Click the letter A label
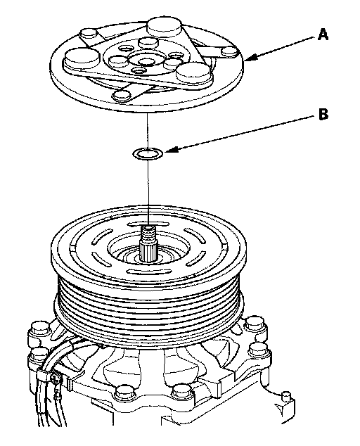tap(323, 34)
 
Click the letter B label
tap(323, 114)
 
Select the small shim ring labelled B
tap(148, 154)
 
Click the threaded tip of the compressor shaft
tap(148, 234)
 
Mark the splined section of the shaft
tap(148, 252)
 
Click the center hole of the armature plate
tap(147, 62)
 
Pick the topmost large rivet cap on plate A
tap(165, 27)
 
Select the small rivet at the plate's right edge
tap(230, 51)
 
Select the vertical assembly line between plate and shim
tap(147, 131)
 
